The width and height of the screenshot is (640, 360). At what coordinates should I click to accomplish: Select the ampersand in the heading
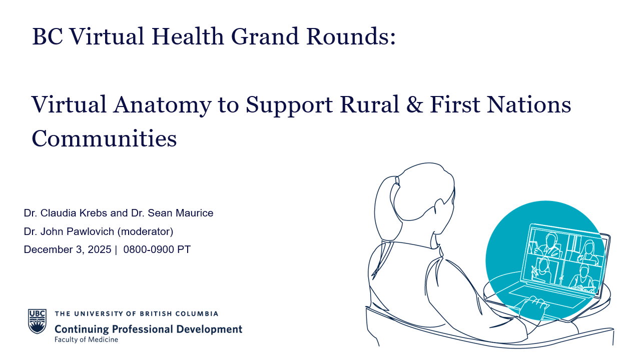pyautogui.click(x=414, y=104)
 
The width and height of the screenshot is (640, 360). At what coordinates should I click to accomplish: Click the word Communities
pyautogui.click(x=104, y=138)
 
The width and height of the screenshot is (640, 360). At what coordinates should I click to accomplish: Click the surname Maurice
pyautogui.click(x=195, y=213)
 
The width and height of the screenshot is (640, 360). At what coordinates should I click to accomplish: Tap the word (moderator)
pyautogui.click(x=146, y=231)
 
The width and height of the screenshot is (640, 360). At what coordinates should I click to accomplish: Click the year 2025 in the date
pyautogui.click(x=99, y=249)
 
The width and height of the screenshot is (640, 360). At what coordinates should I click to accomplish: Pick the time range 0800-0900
pyautogui.click(x=149, y=249)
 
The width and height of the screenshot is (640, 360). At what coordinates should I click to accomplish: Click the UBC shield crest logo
pyautogui.click(x=37, y=321)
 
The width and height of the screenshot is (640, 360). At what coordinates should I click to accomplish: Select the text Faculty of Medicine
pyautogui.click(x=86, y=339)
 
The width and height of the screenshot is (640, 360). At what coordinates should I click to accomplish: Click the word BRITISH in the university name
pyautogui.click(x=156, y=314)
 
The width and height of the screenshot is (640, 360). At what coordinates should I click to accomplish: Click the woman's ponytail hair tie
pyautogui.click(x=397, y=181)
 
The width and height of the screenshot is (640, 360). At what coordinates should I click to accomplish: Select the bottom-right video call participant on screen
pyautogui.click(x=583, y=278)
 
